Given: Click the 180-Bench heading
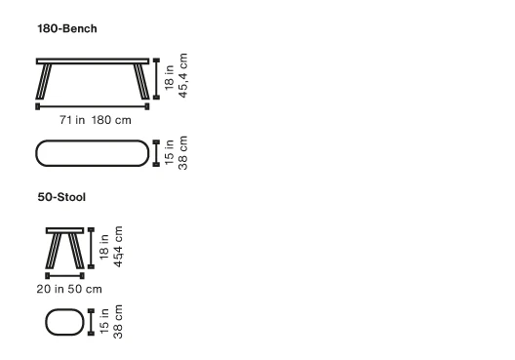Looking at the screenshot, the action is pos(67,28).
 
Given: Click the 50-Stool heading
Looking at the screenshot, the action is pos(61,197).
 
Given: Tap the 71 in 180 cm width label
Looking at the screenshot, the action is pos(96,120).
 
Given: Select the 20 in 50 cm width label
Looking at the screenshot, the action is pos(69,289).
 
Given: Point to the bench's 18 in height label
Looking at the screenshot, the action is pos(169,77).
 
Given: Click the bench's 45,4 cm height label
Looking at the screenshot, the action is pos(183,75).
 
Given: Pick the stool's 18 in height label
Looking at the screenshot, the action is pos(103,247).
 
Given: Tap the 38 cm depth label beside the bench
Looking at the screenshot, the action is pos(182,153).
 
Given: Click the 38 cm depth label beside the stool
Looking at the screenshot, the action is pos(118,322).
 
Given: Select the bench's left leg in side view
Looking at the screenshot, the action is pos(44,81).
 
